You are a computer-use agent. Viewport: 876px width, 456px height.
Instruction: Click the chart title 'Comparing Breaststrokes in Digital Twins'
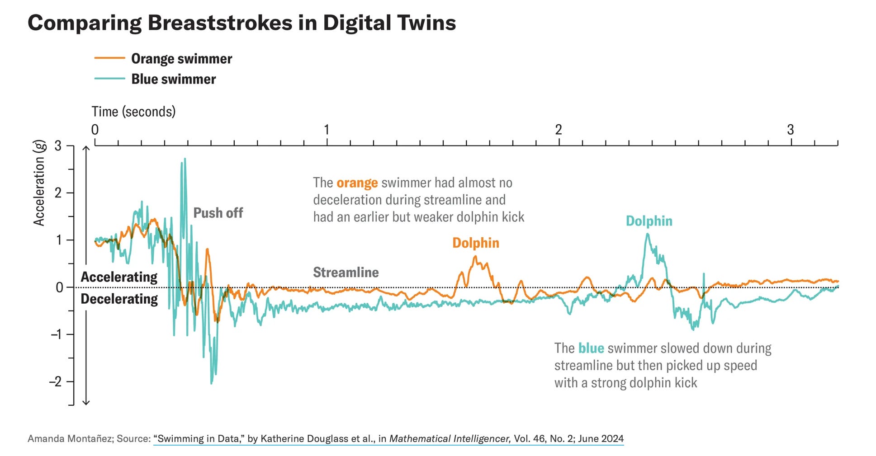[241, 23]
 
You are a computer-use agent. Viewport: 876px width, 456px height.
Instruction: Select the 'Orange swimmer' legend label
[181, 59]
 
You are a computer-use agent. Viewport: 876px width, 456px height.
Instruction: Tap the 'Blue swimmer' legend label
[174, 79]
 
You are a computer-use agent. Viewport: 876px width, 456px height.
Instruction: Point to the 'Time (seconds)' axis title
[133, 112]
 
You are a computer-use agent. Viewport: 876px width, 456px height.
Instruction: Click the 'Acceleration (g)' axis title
[39, 183]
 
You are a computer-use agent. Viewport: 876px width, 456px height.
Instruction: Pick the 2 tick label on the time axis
[559, 130]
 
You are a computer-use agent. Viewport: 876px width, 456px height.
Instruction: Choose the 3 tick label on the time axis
[791, 130]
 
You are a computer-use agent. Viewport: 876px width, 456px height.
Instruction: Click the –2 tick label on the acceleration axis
[55, 381]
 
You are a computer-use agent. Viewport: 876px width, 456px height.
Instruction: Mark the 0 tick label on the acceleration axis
[59, 287]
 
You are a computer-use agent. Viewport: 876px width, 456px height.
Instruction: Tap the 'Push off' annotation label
[218, 213]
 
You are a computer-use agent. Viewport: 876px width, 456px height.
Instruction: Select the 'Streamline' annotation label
[346, 272]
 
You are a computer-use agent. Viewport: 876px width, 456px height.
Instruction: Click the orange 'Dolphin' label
[476, 243]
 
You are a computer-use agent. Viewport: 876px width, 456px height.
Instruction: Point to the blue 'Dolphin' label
[649, 221]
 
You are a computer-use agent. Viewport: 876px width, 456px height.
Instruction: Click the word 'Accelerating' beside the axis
[119, 277]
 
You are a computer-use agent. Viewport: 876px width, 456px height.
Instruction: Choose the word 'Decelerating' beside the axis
[119, 299]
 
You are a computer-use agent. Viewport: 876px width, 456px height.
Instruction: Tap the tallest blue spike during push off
[185, 159]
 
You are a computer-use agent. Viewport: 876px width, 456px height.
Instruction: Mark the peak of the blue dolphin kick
[648, 234]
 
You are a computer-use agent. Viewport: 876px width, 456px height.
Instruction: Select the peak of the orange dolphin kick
[475, 257]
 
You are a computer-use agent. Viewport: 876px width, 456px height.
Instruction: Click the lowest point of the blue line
[211, 384]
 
